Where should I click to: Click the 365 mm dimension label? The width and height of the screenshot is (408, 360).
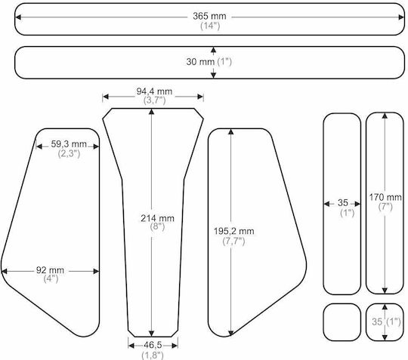pyautogui.click(x=209, y=16)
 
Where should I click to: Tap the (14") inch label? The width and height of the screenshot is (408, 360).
pyautogui.click(x=210, y=26)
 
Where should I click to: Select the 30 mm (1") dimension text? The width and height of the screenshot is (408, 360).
pyautogui.click(x=209, y=62)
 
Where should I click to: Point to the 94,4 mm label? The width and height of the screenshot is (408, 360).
pyautogui.click(x=154, y=91)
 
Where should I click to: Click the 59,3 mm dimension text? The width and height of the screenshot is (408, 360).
pyautogui.click(x=69, y=143)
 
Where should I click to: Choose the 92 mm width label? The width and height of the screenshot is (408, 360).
pyautogui.click(x=50, y=270)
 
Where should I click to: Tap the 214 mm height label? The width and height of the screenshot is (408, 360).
pyautogui.click(x=157, y=218)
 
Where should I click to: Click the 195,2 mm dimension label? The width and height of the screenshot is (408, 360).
pyautogui.click(x=234, y=231)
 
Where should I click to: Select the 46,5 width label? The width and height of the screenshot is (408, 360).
pyautogui.click(x=153, y=345)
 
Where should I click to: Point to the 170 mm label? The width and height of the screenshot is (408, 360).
pyautogui.click(x=385, y=197)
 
